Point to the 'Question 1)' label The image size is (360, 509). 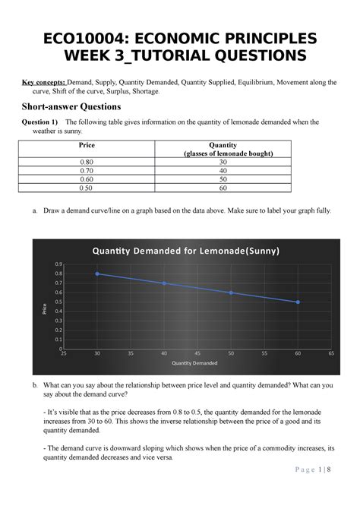(x=42, y=122)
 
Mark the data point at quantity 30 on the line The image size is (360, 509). (x=97, y=273)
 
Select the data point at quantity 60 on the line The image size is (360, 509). (x=298, y=302)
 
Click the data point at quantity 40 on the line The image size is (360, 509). (x=164, y=283)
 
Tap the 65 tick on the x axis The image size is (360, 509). (x=331, y=354)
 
